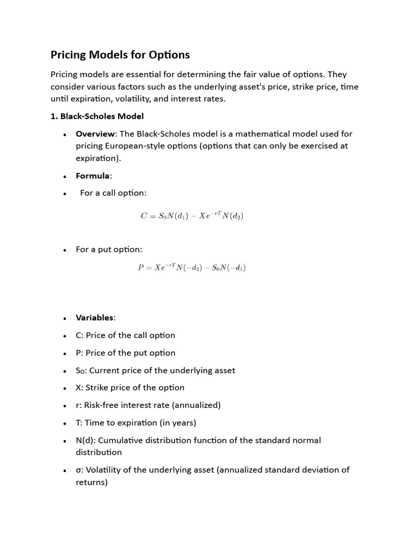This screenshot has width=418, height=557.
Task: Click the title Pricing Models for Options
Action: (x=120, y=55)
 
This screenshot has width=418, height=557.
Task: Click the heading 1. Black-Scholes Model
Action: (x=97, y=116)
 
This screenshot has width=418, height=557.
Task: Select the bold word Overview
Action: (x=95, y=134)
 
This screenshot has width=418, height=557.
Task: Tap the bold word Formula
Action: (x=93, y=176)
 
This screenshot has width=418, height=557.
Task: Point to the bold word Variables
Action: (x=95, y=318)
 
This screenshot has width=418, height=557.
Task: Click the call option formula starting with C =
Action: (x=192, y=216)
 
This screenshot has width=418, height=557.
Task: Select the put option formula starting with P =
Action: (x=192, y=268)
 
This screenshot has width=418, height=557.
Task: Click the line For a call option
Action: (x=113, y=193)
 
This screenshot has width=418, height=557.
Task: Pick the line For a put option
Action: (x=109, y=250)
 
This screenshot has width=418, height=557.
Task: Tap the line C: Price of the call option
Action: (x=125, y=335)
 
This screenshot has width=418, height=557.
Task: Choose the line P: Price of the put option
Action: (x=125, y=352)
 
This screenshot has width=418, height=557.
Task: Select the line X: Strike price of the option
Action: (x=130, y=387)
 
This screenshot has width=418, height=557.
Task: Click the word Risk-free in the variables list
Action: (x=101, y=405)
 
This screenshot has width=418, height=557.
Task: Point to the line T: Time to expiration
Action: (x=136, y=423)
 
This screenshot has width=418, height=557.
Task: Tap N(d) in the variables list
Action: (x=85, y=440)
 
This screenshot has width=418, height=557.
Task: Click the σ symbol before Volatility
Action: (x=79, y=469)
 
